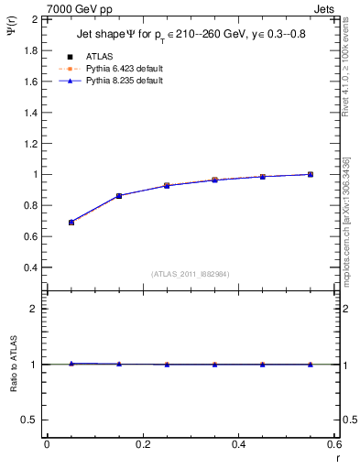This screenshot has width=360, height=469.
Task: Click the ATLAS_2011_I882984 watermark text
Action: (x=190, y=273)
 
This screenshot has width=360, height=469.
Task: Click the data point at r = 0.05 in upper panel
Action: (x=71, y=223)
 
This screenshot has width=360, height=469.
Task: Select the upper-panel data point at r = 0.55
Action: (x=311, y=174)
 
